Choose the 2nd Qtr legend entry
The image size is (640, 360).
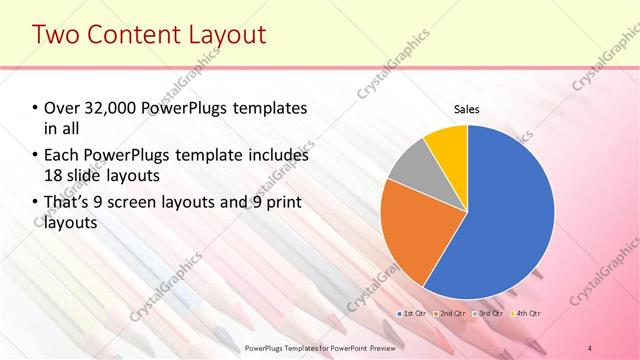point(451,313)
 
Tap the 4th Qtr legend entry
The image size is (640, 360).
point(527,313)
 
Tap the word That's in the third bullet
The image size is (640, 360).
point(68,203)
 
